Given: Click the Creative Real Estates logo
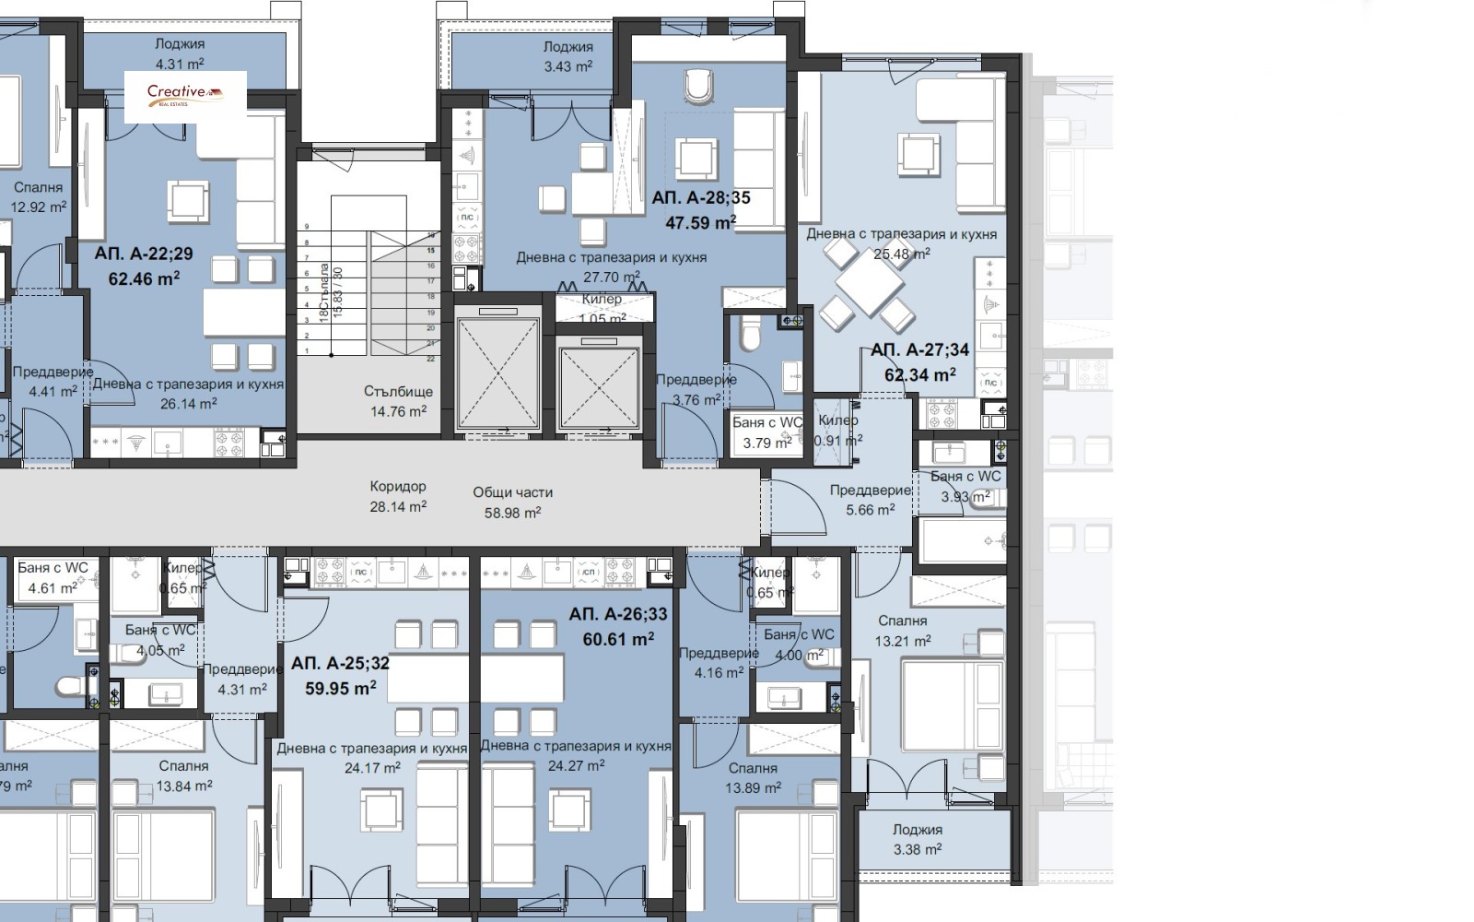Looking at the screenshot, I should coord(185,94).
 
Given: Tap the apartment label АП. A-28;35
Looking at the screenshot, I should coord(700,197).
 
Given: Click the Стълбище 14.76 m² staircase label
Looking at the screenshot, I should coord(398,401).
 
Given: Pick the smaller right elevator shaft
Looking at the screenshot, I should coord(599,382).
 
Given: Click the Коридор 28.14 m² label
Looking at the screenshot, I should coord(398,496).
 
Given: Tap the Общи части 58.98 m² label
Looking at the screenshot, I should coord(512,502).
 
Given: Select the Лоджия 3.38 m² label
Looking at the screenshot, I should coord(918,839).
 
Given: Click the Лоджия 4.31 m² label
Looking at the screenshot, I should coord(180,53).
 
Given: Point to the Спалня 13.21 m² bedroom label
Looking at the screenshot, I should coord(903,631).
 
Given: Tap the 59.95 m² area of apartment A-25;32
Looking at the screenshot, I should coord(340,688).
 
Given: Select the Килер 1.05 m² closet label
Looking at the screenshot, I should coord(602,308).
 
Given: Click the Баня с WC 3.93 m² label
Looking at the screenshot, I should coord(965,486).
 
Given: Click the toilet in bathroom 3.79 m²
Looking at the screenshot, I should coord(749,334).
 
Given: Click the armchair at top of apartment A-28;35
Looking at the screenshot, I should coord(699,87).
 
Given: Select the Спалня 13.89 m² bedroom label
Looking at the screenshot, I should coord(752,777).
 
